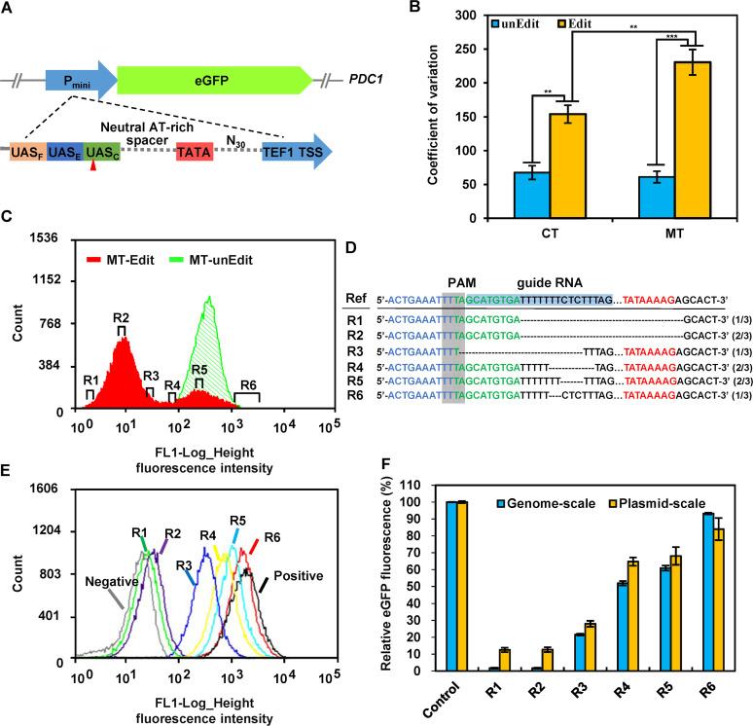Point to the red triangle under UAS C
pos(93,170)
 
